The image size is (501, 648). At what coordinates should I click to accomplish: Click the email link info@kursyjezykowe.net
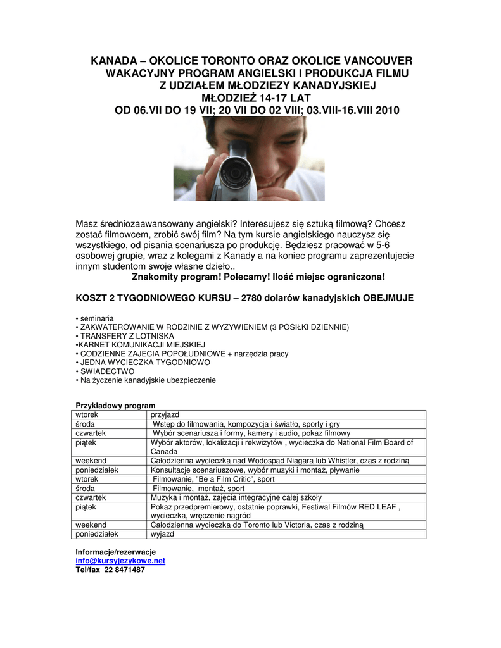coord(120,561)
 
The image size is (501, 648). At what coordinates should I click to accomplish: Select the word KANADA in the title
coord(114,61)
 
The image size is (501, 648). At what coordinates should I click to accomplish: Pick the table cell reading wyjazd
coord(162,534)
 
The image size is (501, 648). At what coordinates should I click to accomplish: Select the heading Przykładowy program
coord(115,405)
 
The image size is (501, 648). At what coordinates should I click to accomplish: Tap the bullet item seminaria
coord(96,318)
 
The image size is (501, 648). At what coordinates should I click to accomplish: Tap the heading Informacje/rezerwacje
coord(115,552)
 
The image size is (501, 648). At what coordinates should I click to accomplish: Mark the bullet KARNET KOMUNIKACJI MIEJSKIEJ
coord(139,344)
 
